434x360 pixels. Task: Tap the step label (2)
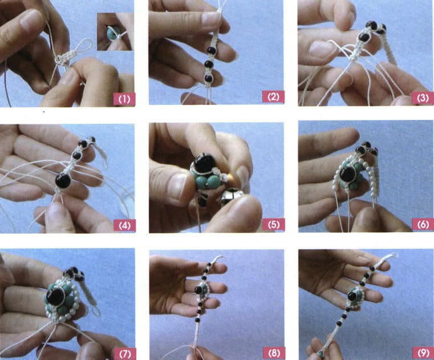[273, 98]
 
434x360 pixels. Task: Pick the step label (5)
[273, 225]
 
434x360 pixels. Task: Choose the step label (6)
[423, 225]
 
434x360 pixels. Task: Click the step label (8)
[273, 351]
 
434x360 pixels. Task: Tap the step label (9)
[423, 351]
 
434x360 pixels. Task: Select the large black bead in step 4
[63, 181]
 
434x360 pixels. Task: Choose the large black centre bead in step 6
[347, 173]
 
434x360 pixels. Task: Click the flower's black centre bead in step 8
[200, 289]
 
